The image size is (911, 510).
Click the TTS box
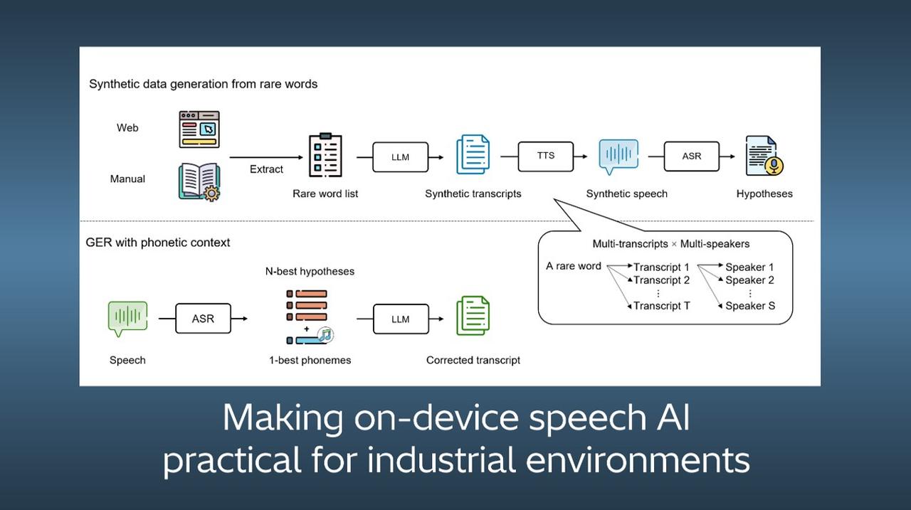pyautogui.click(x=546, y=156)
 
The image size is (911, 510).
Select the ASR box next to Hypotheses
pyautogui.click(x=691, y=156)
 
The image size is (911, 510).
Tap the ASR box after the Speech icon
pyautogui.click(x=203, y=319)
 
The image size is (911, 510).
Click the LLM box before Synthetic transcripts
pyautogui.click(x=401, y=157)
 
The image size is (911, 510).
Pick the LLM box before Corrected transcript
pyautogui.click(x=401, y=319)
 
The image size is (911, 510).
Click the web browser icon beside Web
pyautogui.click(x=199, y=129)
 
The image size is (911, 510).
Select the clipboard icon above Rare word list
pyautogui.click(x=325, y=155)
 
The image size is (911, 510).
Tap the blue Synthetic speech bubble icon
pyautogui.click(x=618, y=156)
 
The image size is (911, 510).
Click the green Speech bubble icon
pyautogui.click(x=127, y=318)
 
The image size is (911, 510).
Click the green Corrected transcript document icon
pyautogui.click(x=473, y=316)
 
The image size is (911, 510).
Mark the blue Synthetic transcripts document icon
pyautogui.click(x=473, y=154)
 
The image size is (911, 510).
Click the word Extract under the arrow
pyautogui.click(x=266, y=169)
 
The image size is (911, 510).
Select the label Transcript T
pyautogui.click(x=661, y=306)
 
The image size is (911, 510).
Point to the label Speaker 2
pyautogui.click(x=749, y=280)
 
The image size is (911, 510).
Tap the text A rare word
pyautogui.click(x=574, y=266)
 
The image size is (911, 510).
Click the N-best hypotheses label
pyautogui.click(x=310, y=271)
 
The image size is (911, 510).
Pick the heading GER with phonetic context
pyautogui.click(x=158, y=243)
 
